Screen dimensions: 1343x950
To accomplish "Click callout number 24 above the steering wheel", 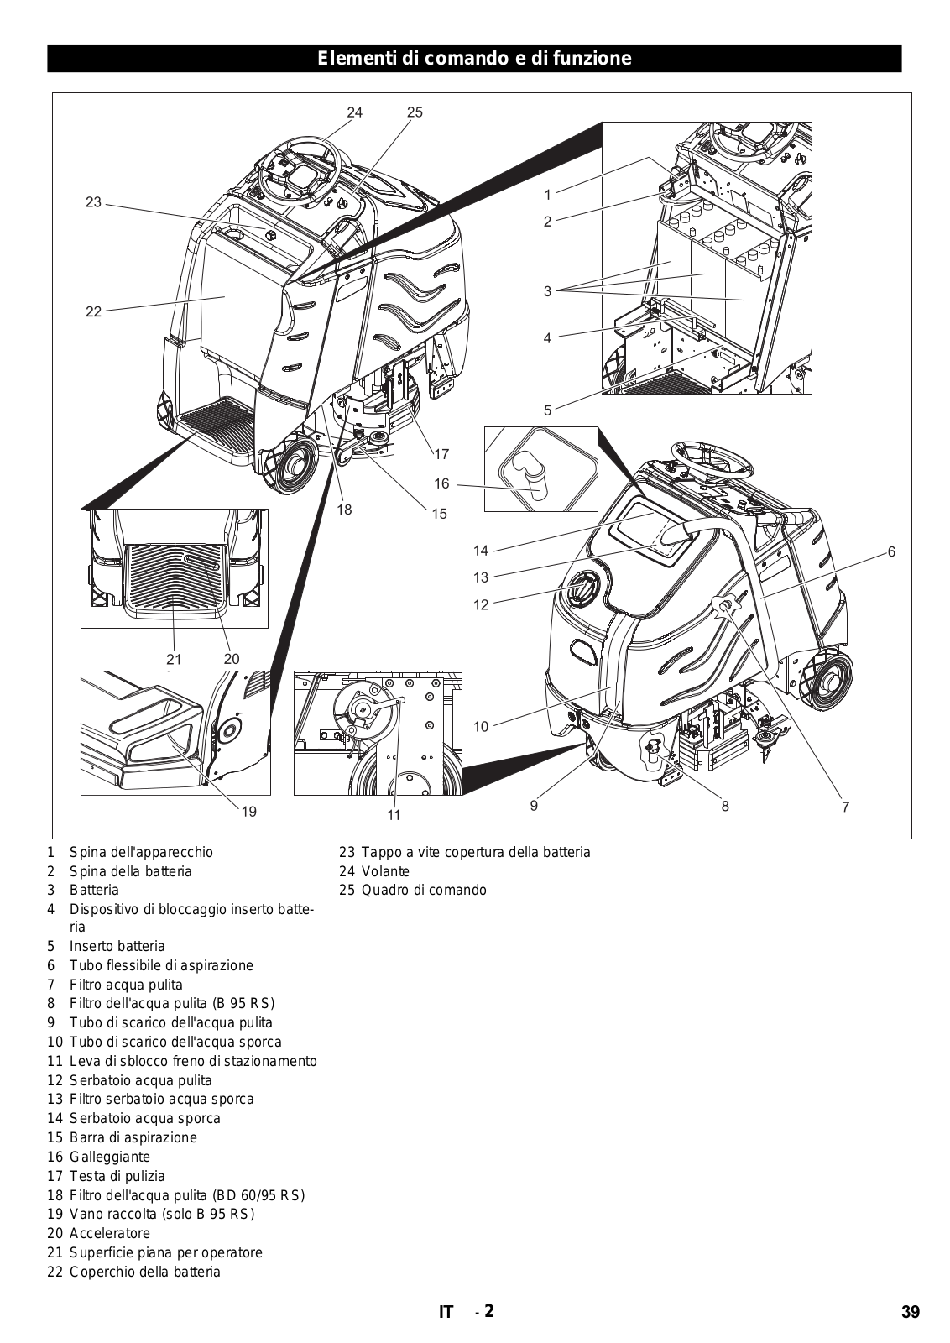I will pos(354,112).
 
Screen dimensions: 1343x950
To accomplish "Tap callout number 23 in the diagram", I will pos(93,202).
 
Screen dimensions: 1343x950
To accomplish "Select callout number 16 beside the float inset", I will pos(442,484).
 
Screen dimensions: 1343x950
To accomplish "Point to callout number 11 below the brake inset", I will pos(394,815).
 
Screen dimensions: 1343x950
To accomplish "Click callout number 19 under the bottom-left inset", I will pos(248,812).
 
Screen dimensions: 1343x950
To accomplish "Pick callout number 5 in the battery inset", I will pos(547,410).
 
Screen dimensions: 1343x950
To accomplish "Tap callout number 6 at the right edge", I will pos(891,551).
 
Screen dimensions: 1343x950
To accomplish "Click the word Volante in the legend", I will pos(385,871).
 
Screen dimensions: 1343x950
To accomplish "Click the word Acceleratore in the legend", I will pos(109,1233).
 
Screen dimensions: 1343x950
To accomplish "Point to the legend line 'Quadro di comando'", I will pos(423,890).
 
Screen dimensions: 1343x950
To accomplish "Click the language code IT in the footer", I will pos(446,1313).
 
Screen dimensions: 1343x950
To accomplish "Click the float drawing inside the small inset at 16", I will pos(530,473).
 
